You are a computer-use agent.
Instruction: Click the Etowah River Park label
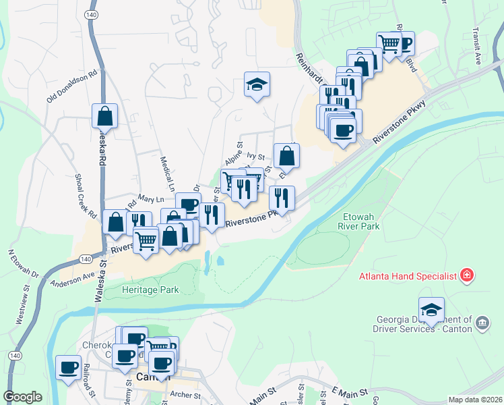pos(358,222)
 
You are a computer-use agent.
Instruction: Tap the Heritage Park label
pos(151,290)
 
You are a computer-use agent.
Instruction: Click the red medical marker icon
pos(466,275)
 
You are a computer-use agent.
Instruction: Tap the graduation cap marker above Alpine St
pos(257,85)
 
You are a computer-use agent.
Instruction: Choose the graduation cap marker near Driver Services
pos(431,310)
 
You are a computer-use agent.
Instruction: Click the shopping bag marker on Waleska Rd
pos(105,116)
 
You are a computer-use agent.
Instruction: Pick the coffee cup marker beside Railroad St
pos(68,368)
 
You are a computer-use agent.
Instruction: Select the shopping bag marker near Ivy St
pos(286,156)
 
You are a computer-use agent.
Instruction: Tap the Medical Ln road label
pos(167,172)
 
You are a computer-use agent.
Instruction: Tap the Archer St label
pos(187,396)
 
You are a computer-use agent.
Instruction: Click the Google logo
pos(23,397)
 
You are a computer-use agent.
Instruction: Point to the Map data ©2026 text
pos(474,400)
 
